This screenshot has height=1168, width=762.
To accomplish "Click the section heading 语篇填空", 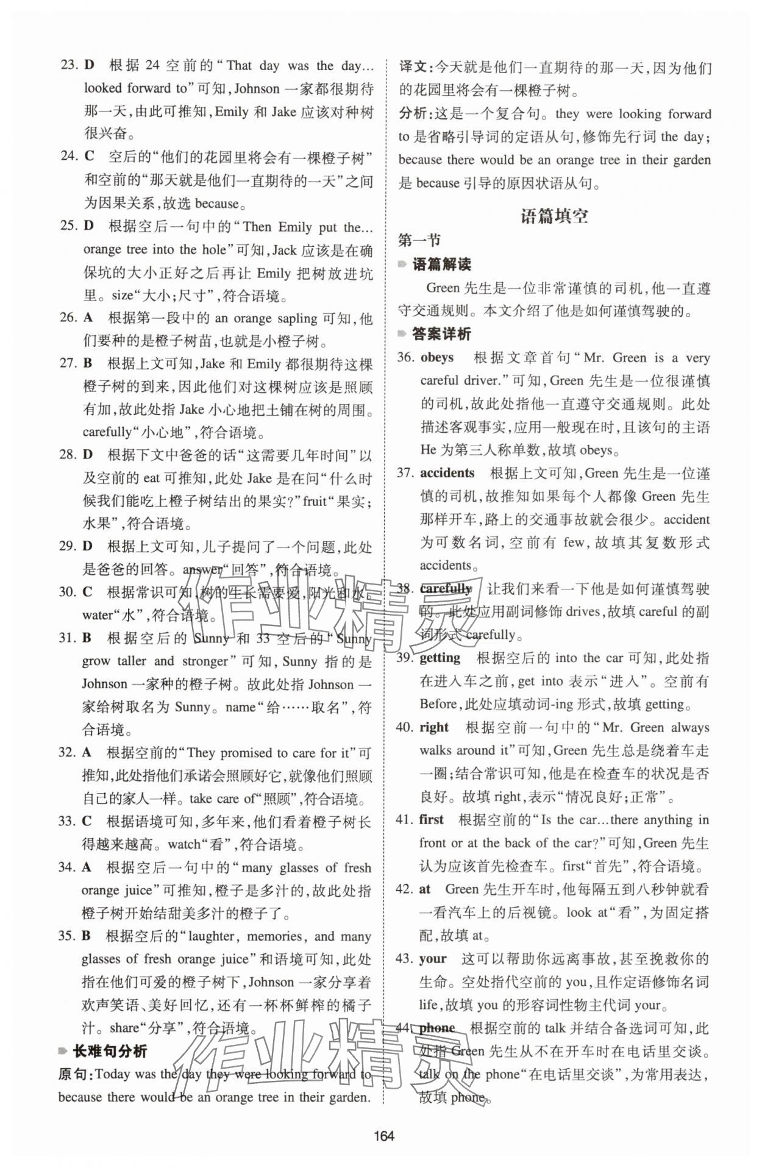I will click(554, 216).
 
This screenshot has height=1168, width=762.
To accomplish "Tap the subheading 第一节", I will click(419, 240).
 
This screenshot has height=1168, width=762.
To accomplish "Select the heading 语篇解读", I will click(441, 265).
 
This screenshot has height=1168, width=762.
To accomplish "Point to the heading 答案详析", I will click(441, 334).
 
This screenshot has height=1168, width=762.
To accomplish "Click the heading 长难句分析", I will click(110, 1051).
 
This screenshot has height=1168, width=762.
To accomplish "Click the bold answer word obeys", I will click(437, 357).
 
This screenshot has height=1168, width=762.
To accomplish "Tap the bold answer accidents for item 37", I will click(447, 473).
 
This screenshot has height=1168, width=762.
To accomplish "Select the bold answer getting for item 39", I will click(440, 658).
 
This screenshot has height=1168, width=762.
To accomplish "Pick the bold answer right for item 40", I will click(434, 727).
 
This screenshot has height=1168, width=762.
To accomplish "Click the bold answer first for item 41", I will click(432, 819).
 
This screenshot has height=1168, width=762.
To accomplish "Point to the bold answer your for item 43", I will click(433, 958).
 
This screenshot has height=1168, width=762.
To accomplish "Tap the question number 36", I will click(405, 357).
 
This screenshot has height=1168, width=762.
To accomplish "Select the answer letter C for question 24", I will click(89, 156).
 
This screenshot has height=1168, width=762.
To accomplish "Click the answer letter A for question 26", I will click(89, 318).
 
